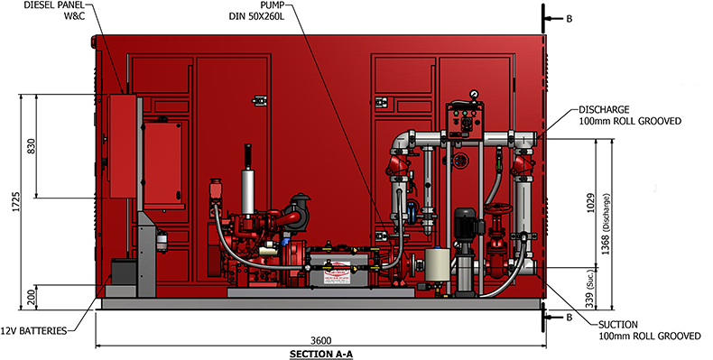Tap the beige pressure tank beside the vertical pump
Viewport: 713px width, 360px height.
click(437, 263)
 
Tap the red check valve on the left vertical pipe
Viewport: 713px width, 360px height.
click(398, 165)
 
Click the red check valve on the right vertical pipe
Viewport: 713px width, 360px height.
click(523, 166)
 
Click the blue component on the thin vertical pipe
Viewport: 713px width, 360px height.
click(412, 213)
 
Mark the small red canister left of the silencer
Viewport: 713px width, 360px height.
click(217, 191)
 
